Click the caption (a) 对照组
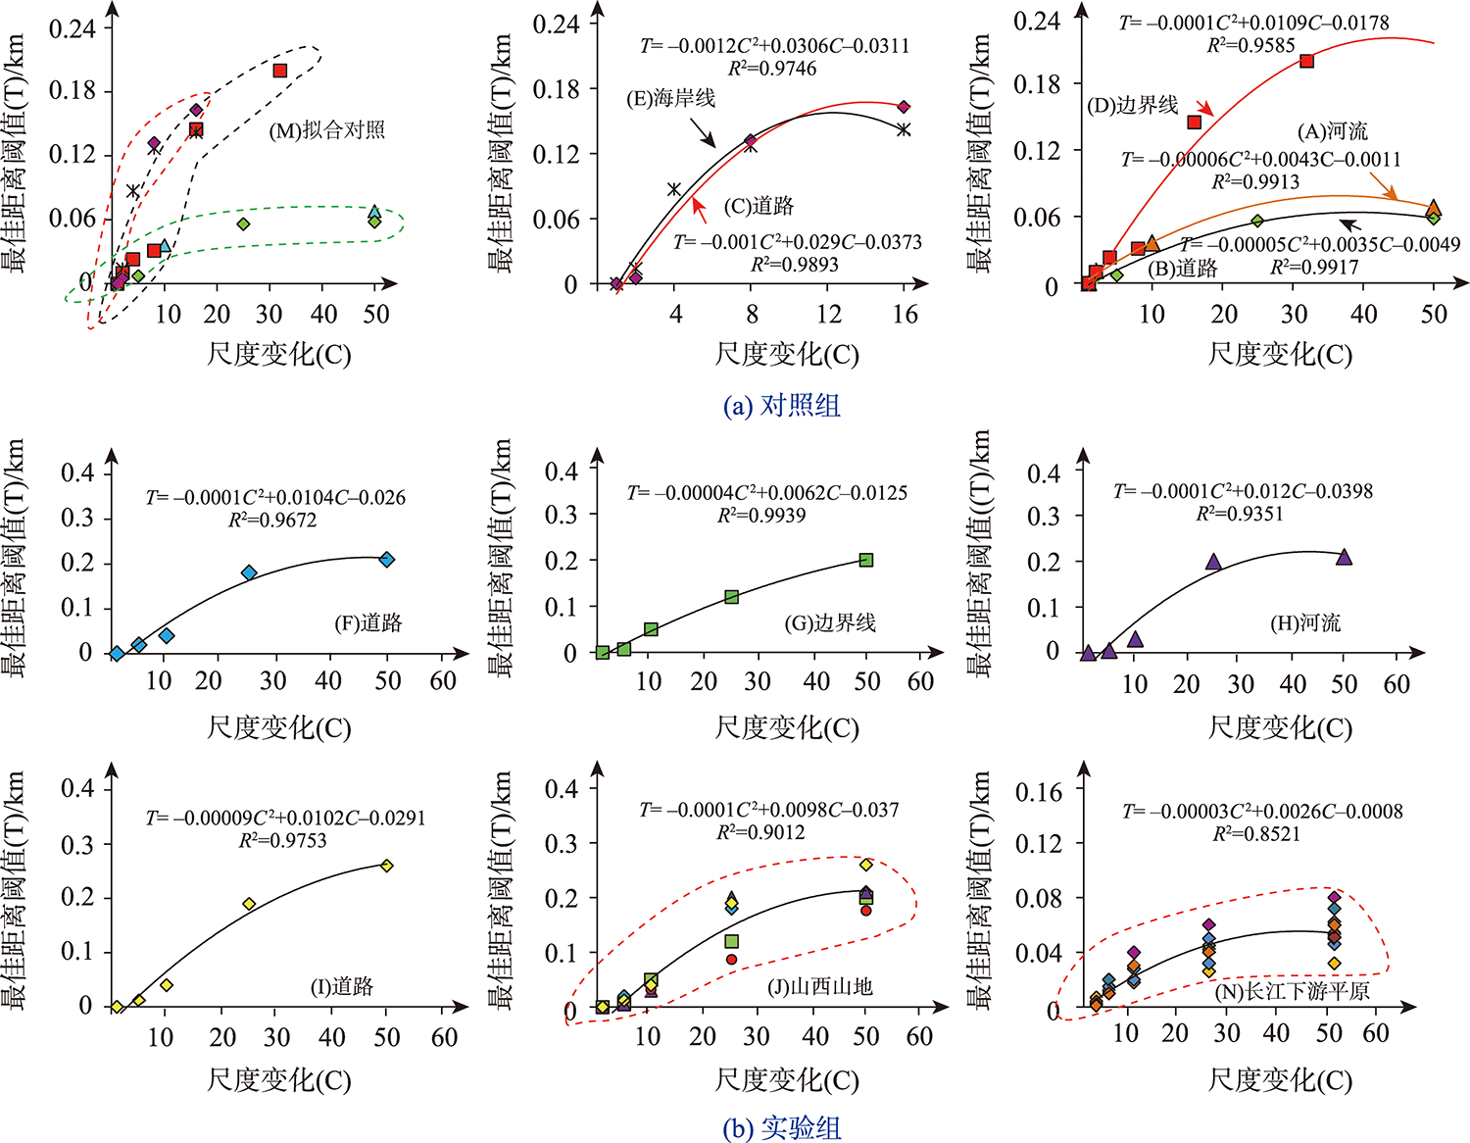(x=781, y=405)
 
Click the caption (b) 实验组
(x=781, y=1128)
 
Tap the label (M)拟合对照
(x=326, y=129)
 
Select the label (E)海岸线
(x=670, y=98)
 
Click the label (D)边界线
(x=1133, y=105)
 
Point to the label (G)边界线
(x=830, y=622)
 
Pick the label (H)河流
(x=1305, y=622)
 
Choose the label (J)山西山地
(x=819, y=986)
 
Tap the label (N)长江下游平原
(x=1292, y=991)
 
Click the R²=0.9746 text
(x=771, y=69)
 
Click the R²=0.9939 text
(x=761, y=516)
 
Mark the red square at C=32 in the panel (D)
(x=1306, y=61)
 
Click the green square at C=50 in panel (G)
(x=866, y=560)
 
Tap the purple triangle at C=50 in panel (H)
(x=1344, y=557)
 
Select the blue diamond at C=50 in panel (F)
(x=387, y=559)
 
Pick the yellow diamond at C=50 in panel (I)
(x=387, y=866)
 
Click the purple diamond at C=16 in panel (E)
(x=904, y=107)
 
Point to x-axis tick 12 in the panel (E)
(x=829, y=314)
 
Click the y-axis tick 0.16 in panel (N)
(x=1038, y=791)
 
